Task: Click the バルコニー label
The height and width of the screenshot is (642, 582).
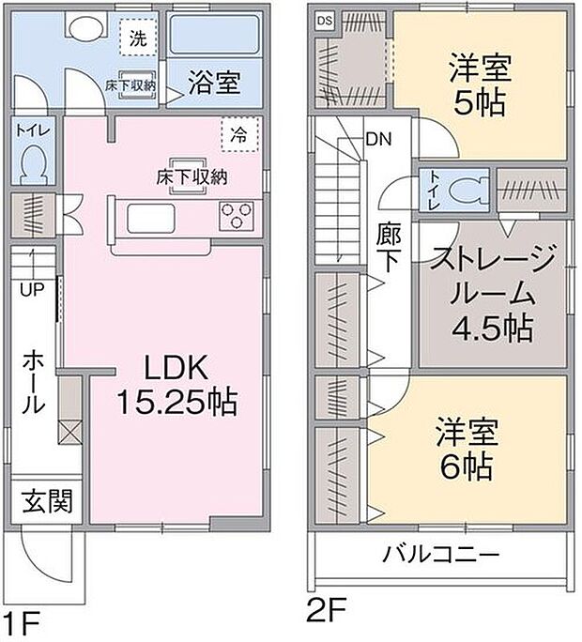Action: pyautogui.click(x=440, y=555)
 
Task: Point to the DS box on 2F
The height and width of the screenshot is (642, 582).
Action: pyautogui.click(x=324, y=21)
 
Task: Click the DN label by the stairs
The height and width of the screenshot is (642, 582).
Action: pyautogui.click(x=378, y=140)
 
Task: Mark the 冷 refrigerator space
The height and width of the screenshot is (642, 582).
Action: pyautogui.click(x=239, y=132)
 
